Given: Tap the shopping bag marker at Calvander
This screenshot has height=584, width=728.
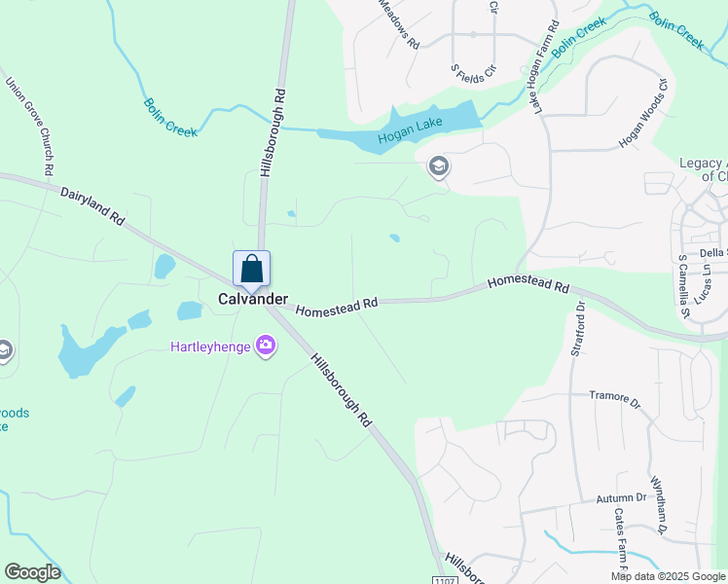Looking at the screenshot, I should tap(251, 269).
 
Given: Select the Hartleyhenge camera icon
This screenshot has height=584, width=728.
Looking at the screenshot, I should tap(265, 346).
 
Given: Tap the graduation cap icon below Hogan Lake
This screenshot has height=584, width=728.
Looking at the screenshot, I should tap(438, 167).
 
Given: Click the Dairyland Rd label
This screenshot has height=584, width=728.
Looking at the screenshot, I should tap(92, 207).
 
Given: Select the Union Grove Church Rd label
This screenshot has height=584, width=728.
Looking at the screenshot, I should tap(29, 127).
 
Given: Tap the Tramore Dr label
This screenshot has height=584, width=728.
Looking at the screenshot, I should tap(616, 397).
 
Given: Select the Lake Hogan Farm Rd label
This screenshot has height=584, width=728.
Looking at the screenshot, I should tap(546, 66).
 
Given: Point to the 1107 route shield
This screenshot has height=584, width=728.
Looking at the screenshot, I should tap(444, 579).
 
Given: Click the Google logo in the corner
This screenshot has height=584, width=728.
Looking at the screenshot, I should tap(32, 572).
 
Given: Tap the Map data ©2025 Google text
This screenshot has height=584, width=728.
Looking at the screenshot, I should tap(668, 576).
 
